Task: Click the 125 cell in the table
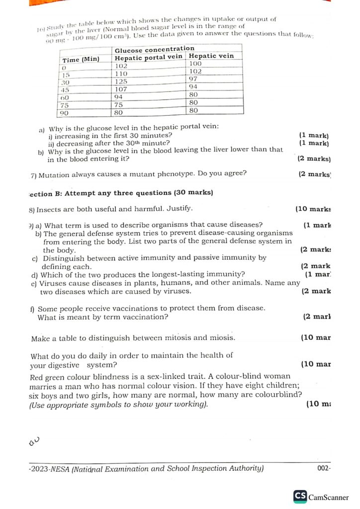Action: click(x=121, y=82)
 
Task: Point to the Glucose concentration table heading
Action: click(x=155, y=49)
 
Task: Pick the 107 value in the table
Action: click(x=121, y=89)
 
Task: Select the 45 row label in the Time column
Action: click(x=65, y=90)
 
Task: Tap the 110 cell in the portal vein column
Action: click(x=121, y=74)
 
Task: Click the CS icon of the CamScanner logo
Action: click(x=300, y=496)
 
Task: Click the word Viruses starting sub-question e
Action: click(x=55, y=283)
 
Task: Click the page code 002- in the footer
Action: click(x=324, y=468)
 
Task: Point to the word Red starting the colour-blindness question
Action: click(x=37, y=377)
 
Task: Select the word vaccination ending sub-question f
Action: click(x=144, y=317)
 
